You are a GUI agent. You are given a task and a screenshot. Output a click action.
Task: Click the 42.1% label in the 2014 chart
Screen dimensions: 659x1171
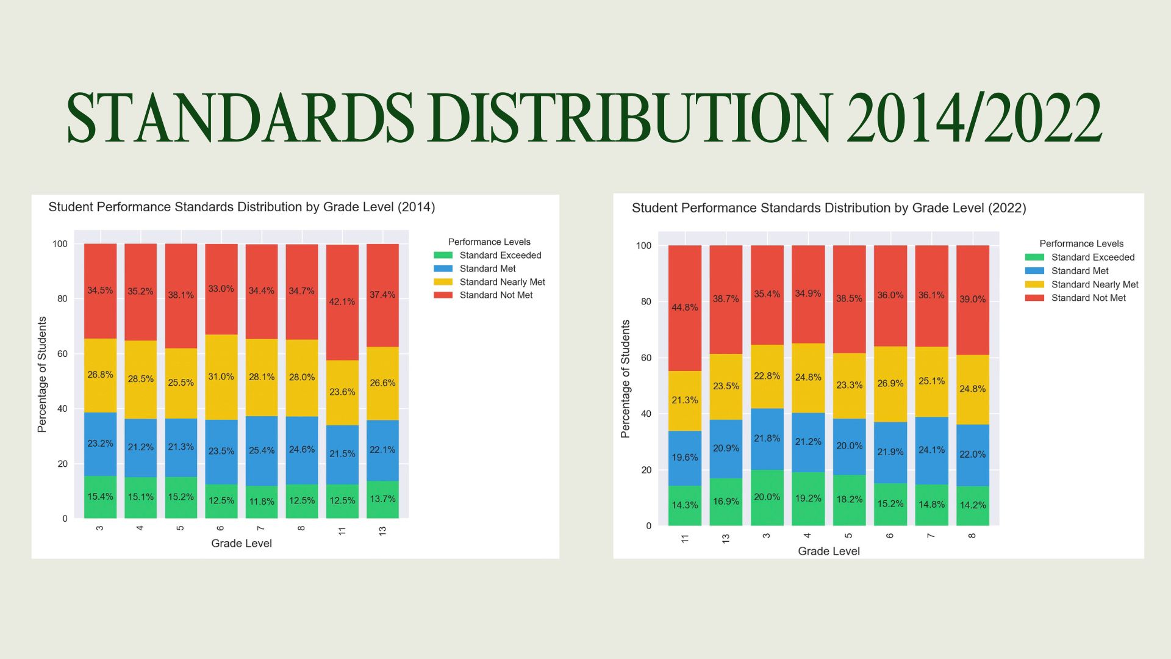(342, 301)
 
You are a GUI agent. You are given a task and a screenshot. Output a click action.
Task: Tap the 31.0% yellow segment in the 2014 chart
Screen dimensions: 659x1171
(221, 377)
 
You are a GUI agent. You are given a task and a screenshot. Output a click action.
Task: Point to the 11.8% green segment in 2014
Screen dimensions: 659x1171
(261, 502)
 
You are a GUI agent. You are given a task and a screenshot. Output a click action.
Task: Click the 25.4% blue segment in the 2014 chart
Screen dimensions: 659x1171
(261, 450)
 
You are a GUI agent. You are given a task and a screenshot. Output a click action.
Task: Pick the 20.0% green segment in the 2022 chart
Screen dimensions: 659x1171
(767, 497)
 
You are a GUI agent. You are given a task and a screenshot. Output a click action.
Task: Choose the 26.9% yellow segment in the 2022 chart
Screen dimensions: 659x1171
(890, 383)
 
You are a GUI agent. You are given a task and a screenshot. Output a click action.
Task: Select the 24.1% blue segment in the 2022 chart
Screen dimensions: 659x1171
(931, 450)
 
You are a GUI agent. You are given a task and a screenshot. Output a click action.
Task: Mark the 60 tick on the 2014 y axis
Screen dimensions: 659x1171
(62, 354)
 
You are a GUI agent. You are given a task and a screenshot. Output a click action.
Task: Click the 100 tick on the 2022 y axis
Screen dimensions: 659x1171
(643, 246)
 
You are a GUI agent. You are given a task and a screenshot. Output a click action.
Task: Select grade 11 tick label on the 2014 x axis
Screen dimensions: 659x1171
(342, 531)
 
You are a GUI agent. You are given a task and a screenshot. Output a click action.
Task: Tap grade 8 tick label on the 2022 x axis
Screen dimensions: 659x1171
(972, 536)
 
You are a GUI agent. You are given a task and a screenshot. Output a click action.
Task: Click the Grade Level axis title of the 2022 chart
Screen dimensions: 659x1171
(828, 551)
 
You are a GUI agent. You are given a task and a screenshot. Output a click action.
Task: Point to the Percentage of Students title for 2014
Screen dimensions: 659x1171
(42, 375)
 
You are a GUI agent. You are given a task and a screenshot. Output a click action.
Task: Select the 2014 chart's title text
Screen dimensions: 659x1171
(242, 207)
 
